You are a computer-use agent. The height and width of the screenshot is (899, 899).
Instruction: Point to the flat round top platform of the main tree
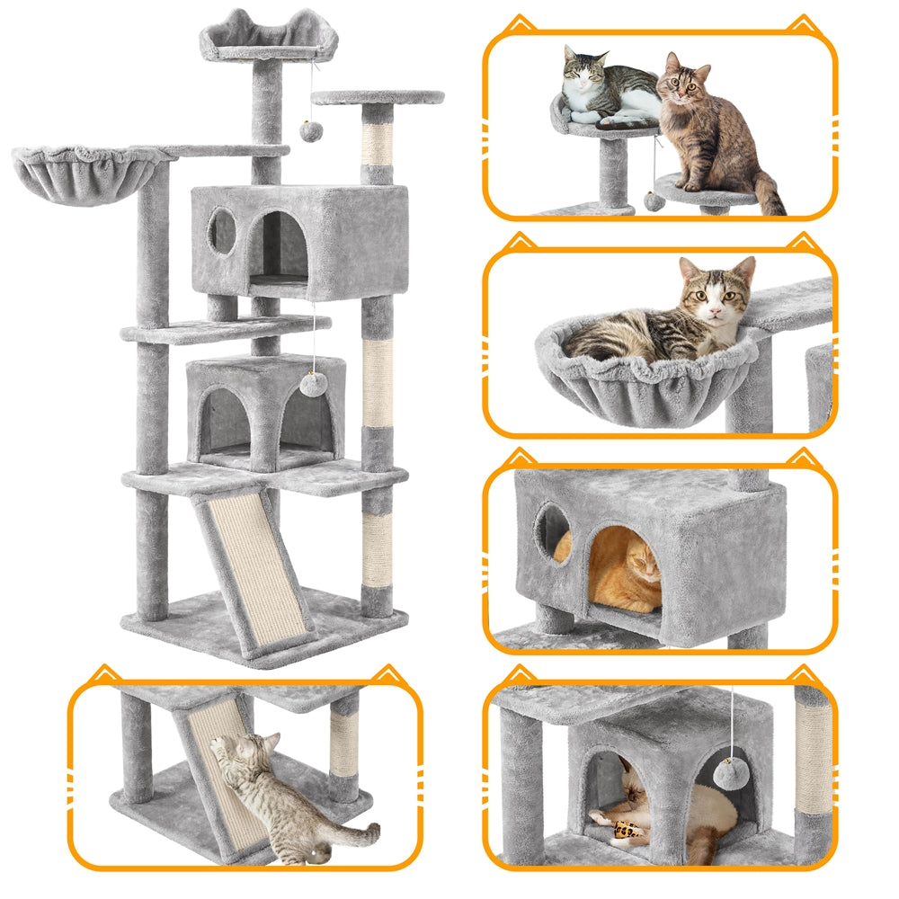(x=378, y=97)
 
